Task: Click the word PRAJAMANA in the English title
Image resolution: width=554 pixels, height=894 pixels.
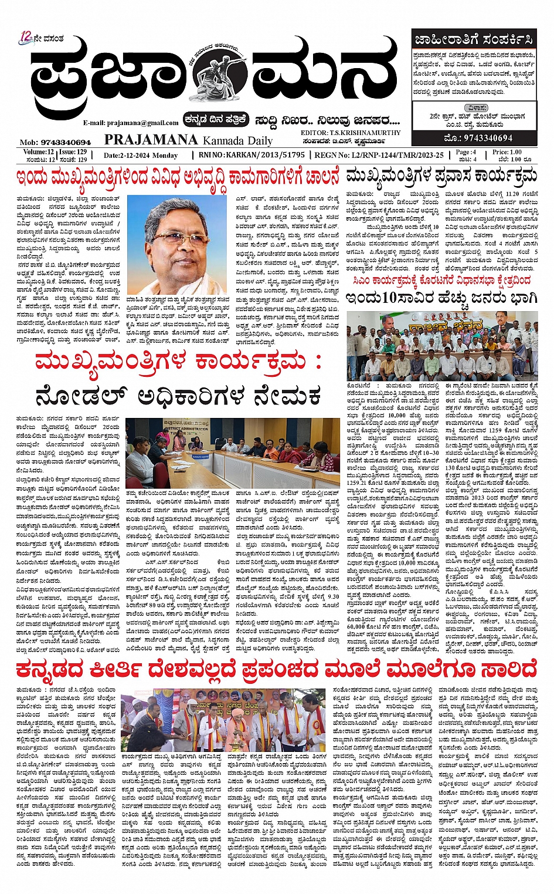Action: (151, 140)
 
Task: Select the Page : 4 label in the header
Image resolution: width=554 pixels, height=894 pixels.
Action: (466, 152)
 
